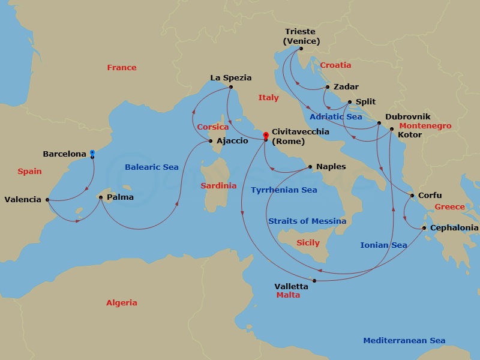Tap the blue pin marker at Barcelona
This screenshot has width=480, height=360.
[92, 154]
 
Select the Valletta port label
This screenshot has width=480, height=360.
[292, 286]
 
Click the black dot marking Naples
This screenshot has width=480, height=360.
[310, 167]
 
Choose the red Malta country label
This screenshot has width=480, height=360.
[288, 295]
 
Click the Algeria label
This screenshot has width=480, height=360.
[122, 303]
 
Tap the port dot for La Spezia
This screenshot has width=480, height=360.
[230, 87]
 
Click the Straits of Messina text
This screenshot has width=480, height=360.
[307, 221]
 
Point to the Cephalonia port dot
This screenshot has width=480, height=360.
[424, 228]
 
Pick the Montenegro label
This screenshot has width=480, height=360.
[425, 126]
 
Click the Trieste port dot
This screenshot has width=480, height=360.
[301, 49]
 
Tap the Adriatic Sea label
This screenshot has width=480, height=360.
[336, 117]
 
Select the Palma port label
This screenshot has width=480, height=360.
[120, 197]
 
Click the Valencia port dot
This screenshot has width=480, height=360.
[47, 200]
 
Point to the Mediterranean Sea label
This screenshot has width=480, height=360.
[404, 341]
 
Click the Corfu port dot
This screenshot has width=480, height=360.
[412, 196]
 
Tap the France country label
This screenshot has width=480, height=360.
[122, 68]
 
